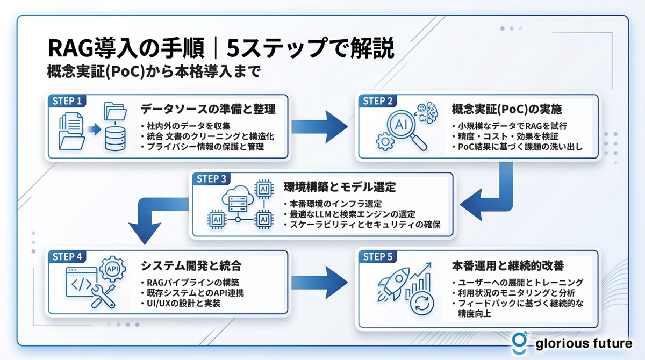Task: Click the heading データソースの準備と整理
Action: click(208, 110)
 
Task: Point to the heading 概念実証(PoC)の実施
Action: click(507, 110)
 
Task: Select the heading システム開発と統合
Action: click(190, 265)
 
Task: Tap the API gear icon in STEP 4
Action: click(113, 269)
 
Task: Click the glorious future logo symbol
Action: click(519, 343)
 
